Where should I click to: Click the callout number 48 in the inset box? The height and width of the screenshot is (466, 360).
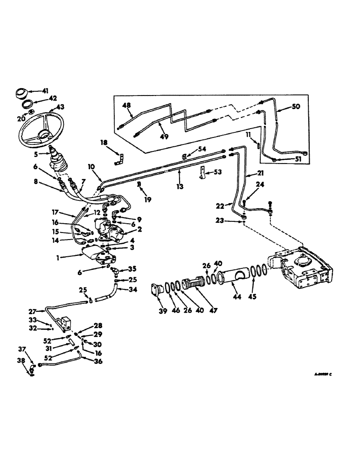pos(126,106)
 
